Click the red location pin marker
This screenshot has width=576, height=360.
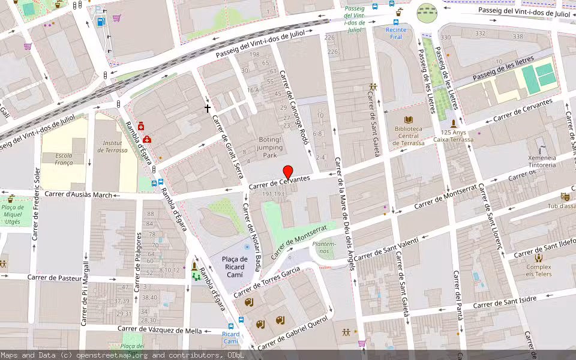[x=287, y=172]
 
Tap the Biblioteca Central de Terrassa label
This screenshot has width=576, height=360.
[x=408, y=136]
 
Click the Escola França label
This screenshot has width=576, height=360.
[x=64, y=159]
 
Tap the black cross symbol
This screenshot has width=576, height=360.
[x=208, y=109]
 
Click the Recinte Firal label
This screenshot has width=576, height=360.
[x=396, y=33]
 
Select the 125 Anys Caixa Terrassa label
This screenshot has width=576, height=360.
[x=454, y=136]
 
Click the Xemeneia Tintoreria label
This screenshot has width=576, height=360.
[x=542, y=161]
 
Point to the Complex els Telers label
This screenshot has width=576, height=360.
[x=539, y=271]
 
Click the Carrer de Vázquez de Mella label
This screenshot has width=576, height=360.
[x=160, y=329]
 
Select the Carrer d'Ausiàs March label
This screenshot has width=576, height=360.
[x=79, y=194]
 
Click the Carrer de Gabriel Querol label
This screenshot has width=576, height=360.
[x=293, y=333]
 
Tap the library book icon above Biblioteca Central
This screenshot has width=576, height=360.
[x=409, y=120]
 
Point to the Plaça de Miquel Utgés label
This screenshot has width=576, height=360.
[x=12, y=214]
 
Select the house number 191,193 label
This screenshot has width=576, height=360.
[x=273, y=194]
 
